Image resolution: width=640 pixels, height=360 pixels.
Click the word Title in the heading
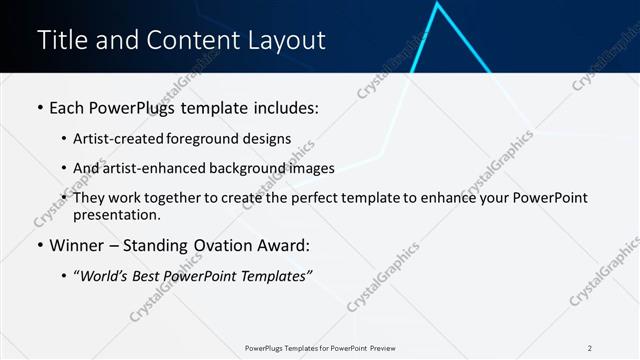point(61,40)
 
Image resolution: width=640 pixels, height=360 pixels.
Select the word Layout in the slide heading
point(285,40)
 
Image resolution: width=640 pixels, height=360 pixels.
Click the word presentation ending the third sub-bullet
point(115,215)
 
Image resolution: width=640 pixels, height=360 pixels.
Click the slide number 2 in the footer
point(590,348)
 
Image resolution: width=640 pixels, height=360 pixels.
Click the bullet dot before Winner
point(40,246)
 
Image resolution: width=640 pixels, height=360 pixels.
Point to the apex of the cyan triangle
point(438,5)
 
